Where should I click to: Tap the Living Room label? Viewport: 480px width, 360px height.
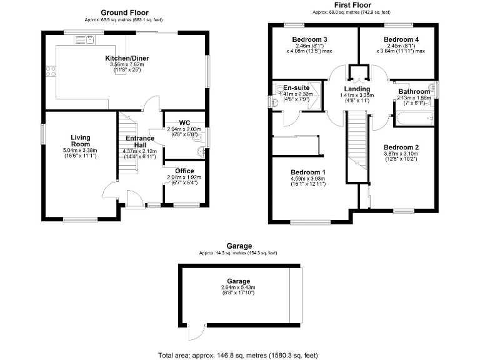[x=81, y=141]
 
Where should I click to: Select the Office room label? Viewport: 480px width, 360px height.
[x=184, y=171]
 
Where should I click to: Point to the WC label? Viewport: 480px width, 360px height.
[x=184, y=122]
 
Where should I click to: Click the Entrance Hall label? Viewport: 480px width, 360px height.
[x=140, y=142]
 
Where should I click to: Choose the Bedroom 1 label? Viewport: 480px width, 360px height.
[x=307, y=172]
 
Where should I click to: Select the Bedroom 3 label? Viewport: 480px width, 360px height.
[x=309, y=39]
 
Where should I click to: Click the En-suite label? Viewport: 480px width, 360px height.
[x=294, y=88]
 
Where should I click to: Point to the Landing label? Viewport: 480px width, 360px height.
[x=357, y=89]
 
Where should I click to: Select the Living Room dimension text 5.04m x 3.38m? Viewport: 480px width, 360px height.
[x=81, y=151]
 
